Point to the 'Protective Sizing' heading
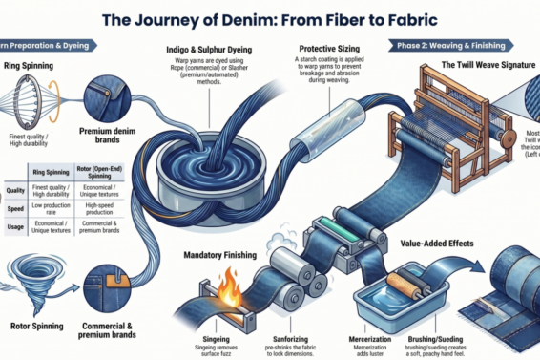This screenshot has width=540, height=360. [330, 47]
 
